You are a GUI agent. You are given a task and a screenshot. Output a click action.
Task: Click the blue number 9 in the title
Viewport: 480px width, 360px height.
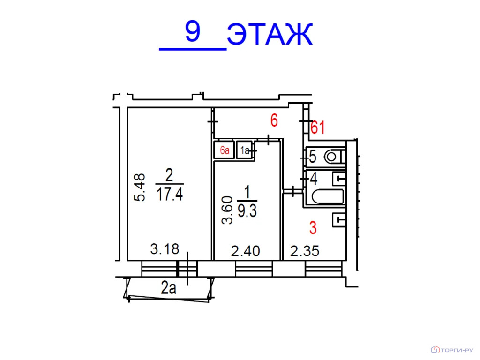193,32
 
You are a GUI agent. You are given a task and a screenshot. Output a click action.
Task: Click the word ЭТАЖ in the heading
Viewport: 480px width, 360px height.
270,35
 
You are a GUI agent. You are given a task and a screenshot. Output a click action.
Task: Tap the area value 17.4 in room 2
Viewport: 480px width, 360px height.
169,194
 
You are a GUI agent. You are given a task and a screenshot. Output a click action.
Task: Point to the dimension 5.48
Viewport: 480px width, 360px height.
140,187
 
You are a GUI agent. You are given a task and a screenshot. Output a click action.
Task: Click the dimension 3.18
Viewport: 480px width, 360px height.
165,249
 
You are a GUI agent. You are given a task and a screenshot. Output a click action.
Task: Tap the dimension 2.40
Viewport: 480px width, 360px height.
246,252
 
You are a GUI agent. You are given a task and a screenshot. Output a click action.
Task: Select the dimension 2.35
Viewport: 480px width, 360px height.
305,252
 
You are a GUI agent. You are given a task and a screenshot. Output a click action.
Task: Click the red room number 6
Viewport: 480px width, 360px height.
274,121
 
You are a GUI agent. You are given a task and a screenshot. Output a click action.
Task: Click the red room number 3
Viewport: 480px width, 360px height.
313,228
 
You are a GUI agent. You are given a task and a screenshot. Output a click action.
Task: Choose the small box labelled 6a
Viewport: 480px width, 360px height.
224,150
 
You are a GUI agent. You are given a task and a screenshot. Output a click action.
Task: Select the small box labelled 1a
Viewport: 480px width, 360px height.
244,150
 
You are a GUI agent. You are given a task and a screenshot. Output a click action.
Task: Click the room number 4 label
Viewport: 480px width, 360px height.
313,179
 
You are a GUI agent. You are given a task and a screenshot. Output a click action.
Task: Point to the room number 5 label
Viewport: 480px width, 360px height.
313,157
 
